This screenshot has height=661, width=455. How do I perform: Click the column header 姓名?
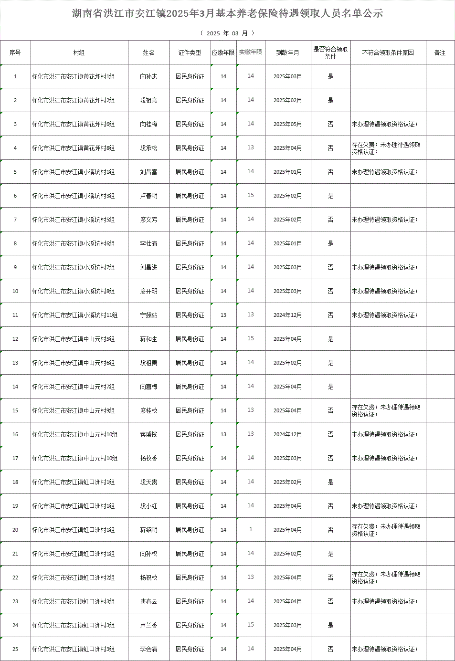[148, 52]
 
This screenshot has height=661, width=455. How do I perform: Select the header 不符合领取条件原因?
[388, 52]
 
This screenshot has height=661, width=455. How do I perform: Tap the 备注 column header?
[440, 52]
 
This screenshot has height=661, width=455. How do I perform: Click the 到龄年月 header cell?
[287, 52]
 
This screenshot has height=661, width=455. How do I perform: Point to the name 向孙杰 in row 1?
[148, 76]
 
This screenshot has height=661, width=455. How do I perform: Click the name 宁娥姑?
[148, 315]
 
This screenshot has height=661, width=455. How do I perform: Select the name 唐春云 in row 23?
[148, 601]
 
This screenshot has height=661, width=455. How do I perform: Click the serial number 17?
[15, 458]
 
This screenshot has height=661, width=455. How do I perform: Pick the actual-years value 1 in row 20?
[251, 529]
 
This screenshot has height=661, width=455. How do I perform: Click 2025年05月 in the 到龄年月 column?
[287, 124]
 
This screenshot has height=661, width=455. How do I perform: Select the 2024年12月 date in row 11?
[287, 315]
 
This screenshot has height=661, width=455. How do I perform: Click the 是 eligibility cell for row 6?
[330, 196]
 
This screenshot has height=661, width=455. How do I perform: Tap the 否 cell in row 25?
[330, 649]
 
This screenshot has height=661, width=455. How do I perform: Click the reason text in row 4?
[386, 148]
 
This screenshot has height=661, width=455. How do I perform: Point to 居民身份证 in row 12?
[190, 339]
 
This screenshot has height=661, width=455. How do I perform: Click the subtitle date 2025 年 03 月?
[227, 33]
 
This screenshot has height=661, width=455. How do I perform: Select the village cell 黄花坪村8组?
[73, 148]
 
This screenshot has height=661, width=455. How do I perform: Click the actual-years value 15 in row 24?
[251, 625]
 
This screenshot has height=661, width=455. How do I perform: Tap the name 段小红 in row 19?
[148, 506]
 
